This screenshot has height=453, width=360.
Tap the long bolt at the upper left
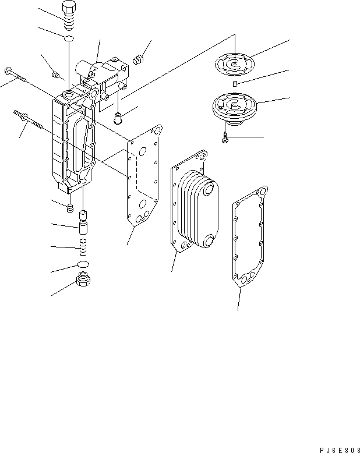[x=17, y=75]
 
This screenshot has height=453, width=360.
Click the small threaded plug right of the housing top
[x=139, y=59]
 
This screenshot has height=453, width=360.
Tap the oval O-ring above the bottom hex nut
[x=83, y=266]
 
